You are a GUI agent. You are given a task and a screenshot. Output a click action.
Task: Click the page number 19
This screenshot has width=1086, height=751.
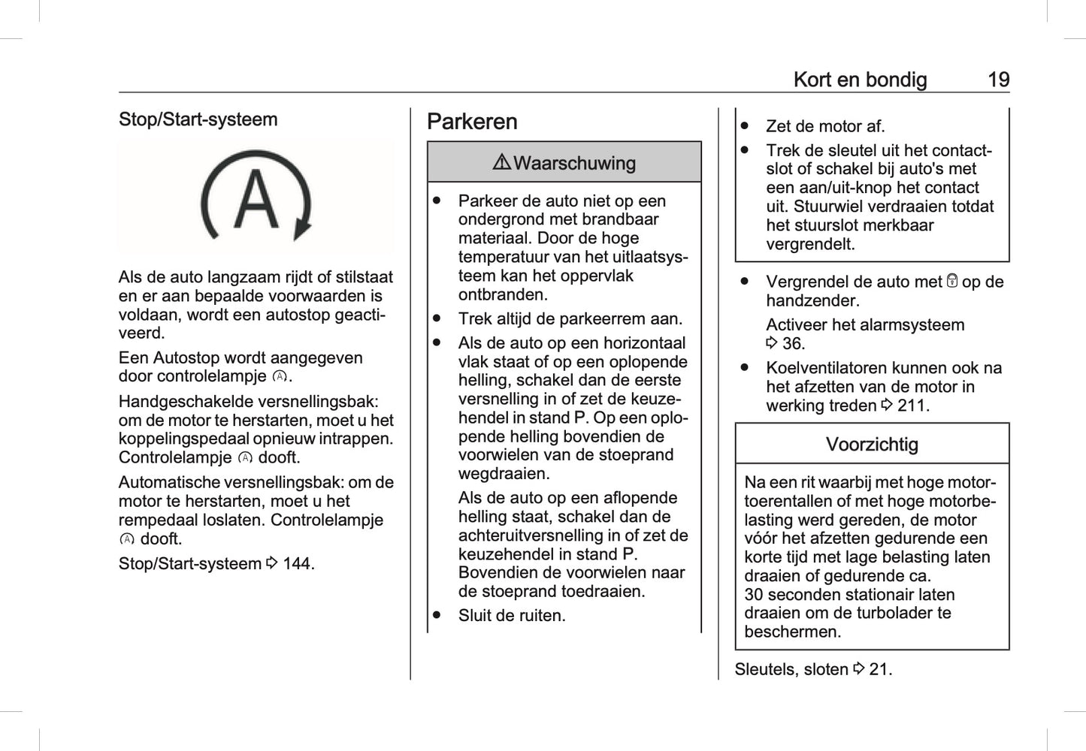(x=998, y=80)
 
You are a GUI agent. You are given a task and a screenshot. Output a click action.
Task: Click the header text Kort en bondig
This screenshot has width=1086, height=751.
(x=860, y=80)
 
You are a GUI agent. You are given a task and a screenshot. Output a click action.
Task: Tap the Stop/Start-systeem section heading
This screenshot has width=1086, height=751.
(x=198, y=119)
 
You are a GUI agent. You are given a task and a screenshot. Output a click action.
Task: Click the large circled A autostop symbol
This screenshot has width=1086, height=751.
(x=256, y=197)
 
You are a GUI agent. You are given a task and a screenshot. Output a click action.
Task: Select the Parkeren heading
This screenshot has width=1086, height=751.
(x=472, y=122)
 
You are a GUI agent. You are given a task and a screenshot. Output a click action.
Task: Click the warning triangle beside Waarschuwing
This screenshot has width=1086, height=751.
(x=502, y=162)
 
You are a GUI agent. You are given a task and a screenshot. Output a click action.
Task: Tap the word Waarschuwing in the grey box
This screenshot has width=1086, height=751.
(x=574, y=163)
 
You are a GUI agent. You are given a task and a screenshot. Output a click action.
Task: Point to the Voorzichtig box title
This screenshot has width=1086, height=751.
(x=872, y=445)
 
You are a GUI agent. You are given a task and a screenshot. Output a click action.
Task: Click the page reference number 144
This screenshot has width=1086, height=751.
(x=298, y=563)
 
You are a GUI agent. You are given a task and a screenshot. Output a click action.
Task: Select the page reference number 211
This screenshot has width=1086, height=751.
(x=912, y=406)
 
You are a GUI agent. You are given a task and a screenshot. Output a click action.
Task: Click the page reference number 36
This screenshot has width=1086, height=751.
(x=793, y=344)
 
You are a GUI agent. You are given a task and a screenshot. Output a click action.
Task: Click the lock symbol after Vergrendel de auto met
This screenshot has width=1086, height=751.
(x=951, y=282)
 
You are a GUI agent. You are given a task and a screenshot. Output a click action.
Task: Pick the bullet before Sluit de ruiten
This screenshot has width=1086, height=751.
(x=437, y=615)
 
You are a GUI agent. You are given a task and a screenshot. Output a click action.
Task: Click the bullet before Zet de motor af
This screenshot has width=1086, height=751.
(x=745, y=126)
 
